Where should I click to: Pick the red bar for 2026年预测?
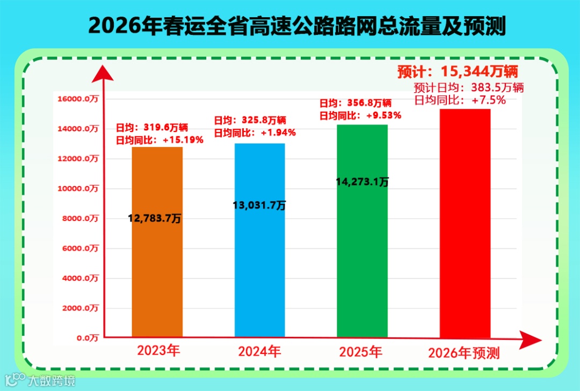click(465, 225)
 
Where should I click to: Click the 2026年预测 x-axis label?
click(464, 353)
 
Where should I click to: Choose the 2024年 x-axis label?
click(259, 352)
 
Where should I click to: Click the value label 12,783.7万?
click(155, 218)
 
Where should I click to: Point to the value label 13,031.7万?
click(259, 205)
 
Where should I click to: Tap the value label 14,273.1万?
click(362, 182)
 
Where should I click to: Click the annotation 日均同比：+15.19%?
click(160, 140)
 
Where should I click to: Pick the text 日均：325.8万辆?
click(250, 120)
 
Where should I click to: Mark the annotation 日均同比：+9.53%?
click(360, 115)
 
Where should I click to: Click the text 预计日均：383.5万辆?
click(469, 87)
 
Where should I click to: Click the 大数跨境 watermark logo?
click(40, 380)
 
